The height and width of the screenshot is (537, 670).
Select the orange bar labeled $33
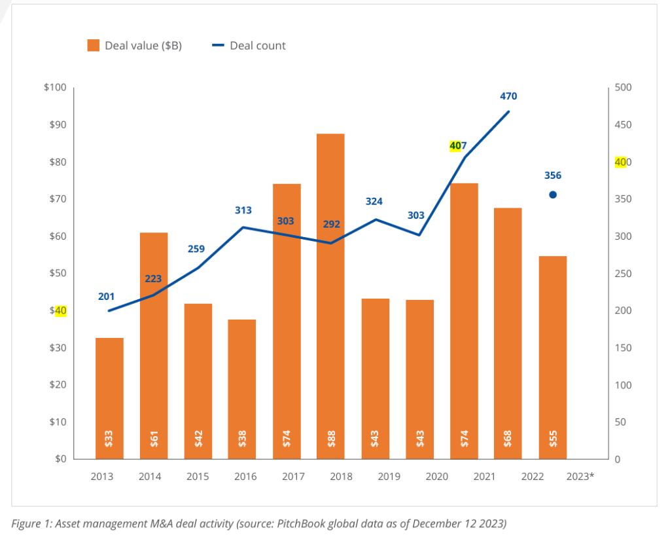[x=109, y=398]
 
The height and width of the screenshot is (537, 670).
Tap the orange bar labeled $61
[x=154, y=346]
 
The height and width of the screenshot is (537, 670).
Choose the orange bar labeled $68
[x=508, y=333]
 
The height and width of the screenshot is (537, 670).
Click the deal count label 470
[x=508, y=96]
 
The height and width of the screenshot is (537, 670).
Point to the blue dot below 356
[x=553, y=194]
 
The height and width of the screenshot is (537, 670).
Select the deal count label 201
[x=106, y=297]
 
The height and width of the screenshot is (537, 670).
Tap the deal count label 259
[x=196, y=249]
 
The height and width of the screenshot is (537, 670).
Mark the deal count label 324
[x=374, y=202]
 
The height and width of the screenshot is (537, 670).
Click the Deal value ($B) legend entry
[x=134, y=45]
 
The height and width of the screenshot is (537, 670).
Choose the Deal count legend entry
[x=249, y=45]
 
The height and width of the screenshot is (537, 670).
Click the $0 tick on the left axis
[x=60, y=459]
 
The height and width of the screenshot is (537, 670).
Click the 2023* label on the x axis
[x=580, y=476]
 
